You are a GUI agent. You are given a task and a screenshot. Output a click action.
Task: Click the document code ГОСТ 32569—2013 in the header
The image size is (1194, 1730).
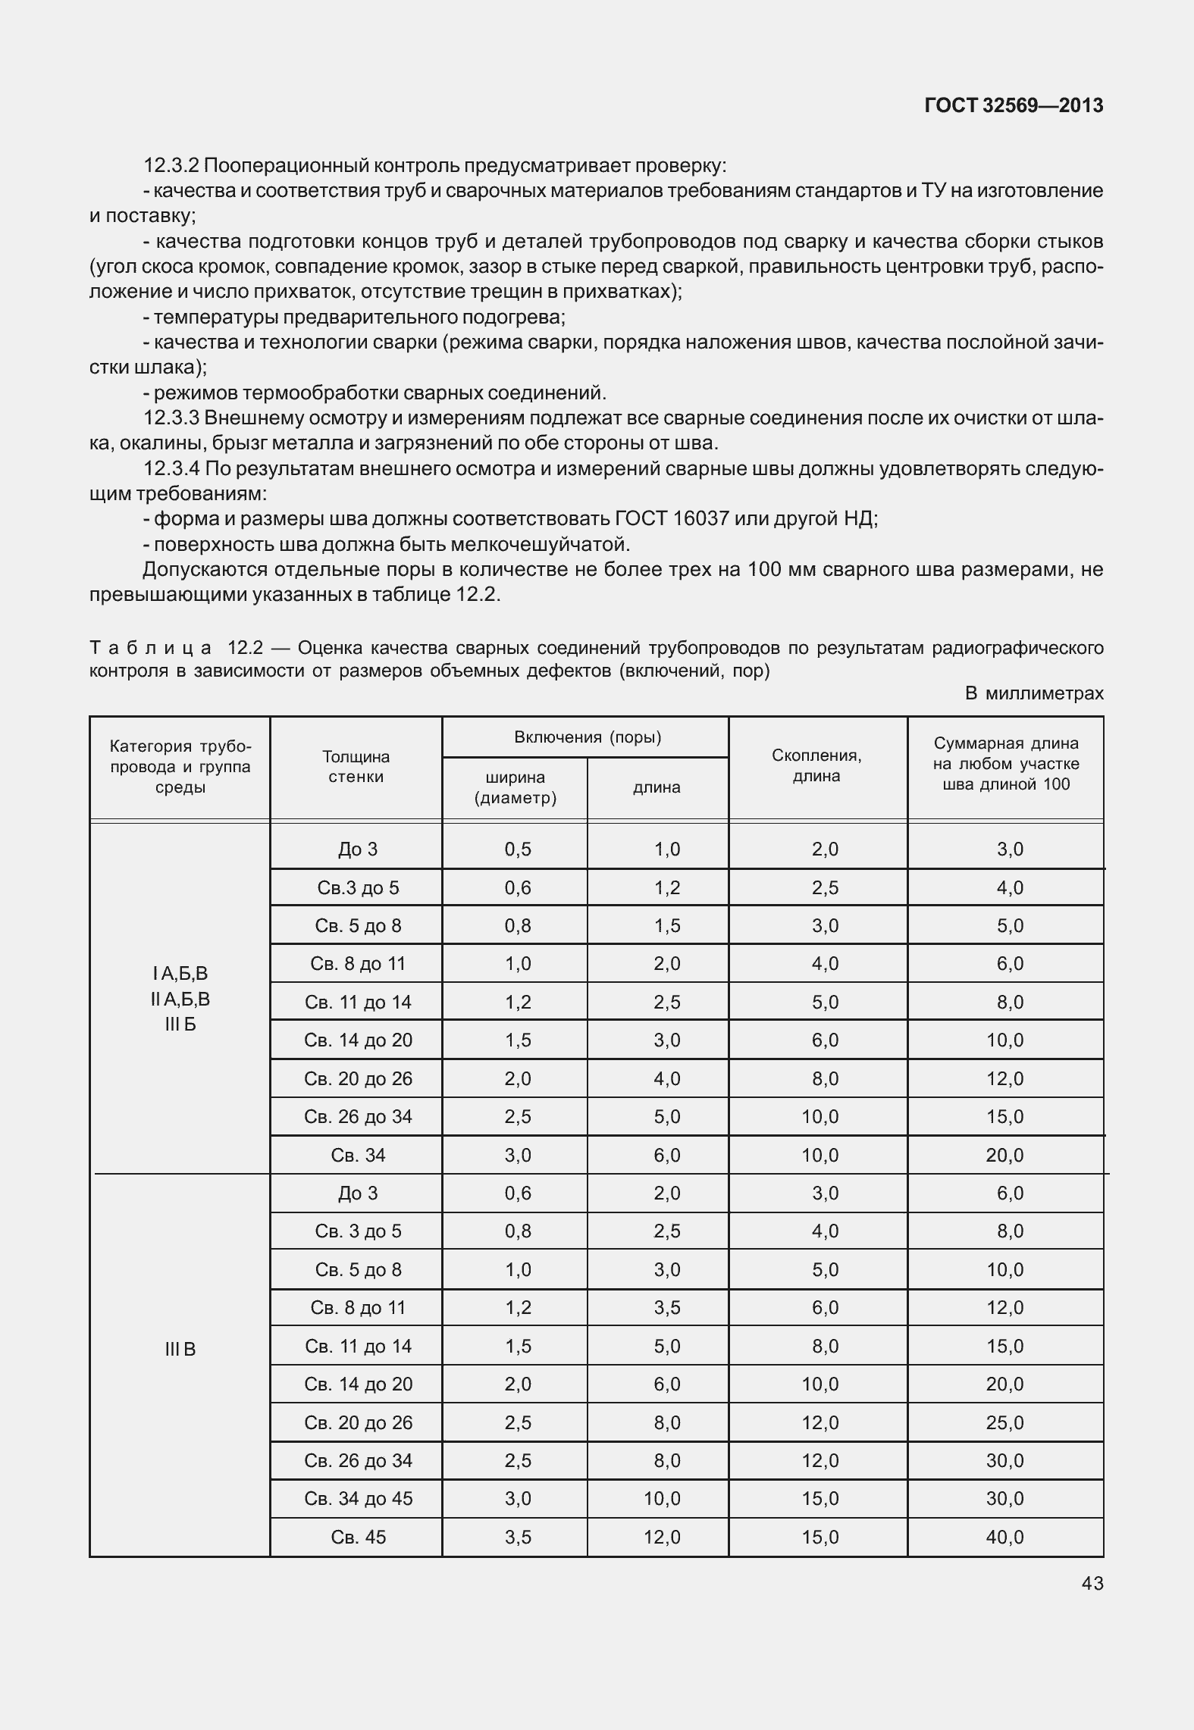pyautogui.click(x=1014, y=106)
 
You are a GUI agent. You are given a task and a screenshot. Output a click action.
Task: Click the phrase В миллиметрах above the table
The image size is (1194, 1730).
pyautogui.click(x=1034, y=693)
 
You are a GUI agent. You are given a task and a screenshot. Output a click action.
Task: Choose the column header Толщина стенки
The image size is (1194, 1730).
pyautogui.click(x=356, y=767)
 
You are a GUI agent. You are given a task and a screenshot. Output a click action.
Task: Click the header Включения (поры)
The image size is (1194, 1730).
pyautogui.click(x=588, y=737)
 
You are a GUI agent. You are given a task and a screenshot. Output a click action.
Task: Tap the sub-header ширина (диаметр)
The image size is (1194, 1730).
pyautogui.click(x=515, y=788)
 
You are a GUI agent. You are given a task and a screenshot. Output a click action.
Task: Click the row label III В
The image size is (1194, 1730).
pyautogui.click(x=180, y=1349)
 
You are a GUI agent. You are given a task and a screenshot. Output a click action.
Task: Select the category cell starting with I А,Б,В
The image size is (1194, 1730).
pyautogui.click(x=180, y=999)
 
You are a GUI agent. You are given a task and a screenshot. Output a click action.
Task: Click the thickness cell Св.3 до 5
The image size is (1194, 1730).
pyautogui.click(x=358, y=887)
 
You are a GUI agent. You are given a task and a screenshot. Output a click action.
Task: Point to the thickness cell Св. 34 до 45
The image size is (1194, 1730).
pyautogui.click(x=358, y=1498)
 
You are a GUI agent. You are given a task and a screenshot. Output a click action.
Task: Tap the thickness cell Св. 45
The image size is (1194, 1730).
pyautogui.click(x=358, y=1537)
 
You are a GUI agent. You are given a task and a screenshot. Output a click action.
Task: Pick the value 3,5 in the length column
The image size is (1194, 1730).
pyautogui.click(x=667, y=1307)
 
